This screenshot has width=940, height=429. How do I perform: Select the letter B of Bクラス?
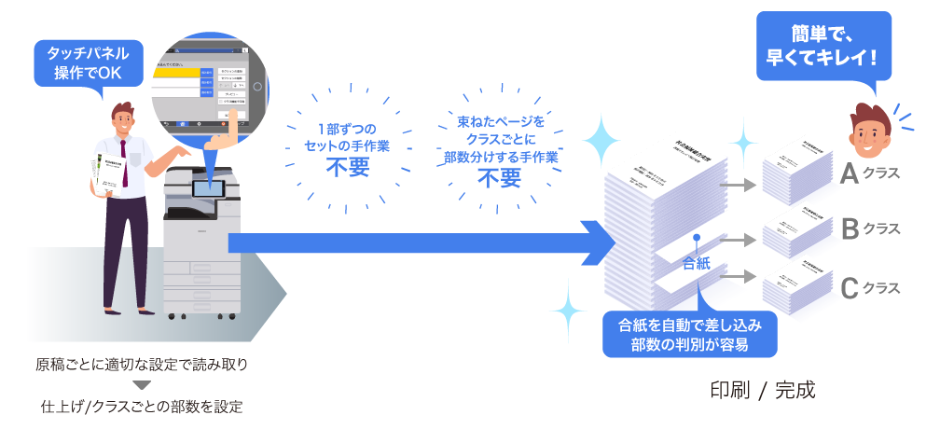pos(849,228)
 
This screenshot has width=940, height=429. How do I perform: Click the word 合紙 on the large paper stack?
pos(697,264)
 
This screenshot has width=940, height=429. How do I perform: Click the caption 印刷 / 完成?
pos(762,390)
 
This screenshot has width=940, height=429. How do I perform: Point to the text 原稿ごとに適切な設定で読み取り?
pos(142,364)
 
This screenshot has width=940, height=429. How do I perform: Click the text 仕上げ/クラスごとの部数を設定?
pos(142,407)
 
